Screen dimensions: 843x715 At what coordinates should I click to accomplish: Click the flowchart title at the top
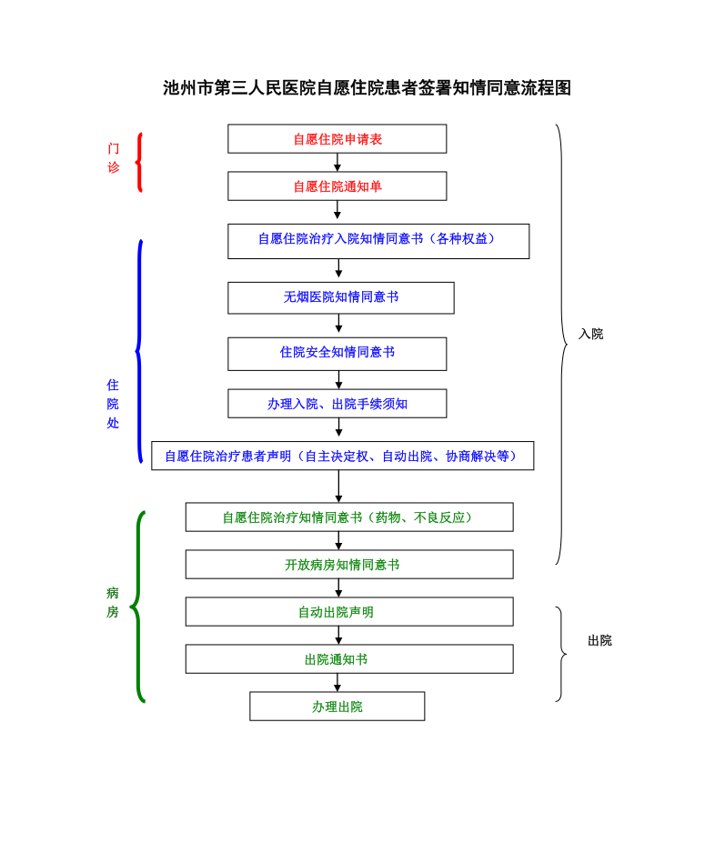pos(367,88)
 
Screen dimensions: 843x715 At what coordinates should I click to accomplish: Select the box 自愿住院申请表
pos(337,139)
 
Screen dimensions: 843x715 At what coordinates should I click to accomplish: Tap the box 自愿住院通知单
pos(337,186)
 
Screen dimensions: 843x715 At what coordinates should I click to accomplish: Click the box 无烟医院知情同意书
pos(340,297)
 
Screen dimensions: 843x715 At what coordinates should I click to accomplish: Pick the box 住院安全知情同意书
pos(337,353)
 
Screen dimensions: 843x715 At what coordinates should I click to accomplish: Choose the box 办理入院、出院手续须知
pos(337,404)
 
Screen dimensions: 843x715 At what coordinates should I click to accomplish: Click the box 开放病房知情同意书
pos(349,565)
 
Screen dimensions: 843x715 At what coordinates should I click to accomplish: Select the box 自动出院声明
pos(349,612)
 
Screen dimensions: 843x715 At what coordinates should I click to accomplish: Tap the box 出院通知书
pos(349,659)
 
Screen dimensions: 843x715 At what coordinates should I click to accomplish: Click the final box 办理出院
pos(337,707)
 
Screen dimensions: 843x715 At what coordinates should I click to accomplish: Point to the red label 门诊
pos(114,157)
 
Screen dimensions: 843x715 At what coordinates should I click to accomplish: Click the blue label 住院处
pos(113,404)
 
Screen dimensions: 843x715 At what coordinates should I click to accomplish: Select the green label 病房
pos(113,602)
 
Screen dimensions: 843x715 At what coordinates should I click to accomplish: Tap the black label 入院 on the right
pos(590,334)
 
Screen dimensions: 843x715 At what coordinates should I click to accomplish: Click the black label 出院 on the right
pos(599,640)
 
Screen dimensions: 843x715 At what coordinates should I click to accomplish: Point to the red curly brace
pos(139,162)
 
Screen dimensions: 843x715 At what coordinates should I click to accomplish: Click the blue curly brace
pos(139,351)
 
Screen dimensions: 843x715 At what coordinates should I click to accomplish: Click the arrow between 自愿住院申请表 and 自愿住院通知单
pos(337,163)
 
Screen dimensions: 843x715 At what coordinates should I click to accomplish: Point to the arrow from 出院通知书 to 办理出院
pos(337,683)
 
